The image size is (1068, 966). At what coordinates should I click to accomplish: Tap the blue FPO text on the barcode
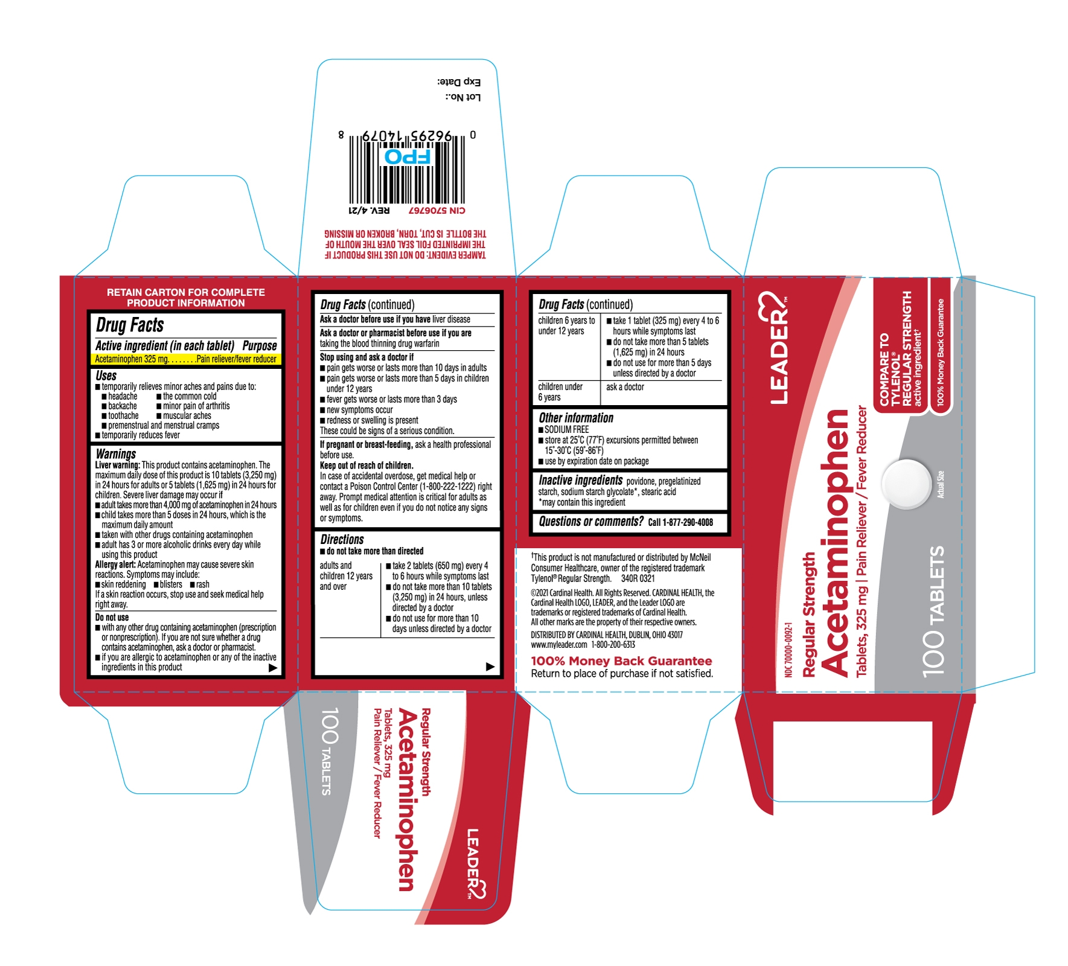tap(408, 157)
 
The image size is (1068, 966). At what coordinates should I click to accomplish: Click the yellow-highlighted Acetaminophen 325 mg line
tap(185, 359)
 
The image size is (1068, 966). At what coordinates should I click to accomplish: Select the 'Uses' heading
tap(106, 376)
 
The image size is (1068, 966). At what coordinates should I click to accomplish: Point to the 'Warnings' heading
tap(116, 453)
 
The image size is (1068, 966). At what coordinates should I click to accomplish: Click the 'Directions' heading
tap(342, 540)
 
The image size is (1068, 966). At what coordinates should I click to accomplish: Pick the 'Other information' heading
tap(576, 418)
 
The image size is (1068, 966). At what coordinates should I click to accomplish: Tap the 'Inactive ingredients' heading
tap(580, 480)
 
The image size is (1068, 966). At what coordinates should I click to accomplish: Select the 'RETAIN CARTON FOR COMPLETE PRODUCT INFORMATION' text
tap(186, 298)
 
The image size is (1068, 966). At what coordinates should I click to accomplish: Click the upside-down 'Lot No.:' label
tap(463, 97)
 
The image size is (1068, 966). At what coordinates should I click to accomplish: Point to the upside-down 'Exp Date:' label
tap(459, 82)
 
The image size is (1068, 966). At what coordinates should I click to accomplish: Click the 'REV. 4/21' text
tap(369, 211)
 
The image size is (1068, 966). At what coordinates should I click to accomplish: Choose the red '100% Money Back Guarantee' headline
tap(621, 661)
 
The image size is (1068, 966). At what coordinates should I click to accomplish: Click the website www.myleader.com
tap(559, 645)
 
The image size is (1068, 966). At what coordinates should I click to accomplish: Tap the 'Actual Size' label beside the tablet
tap(941, 484)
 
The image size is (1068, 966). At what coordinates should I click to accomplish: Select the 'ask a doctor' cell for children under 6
tap(625, 387)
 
